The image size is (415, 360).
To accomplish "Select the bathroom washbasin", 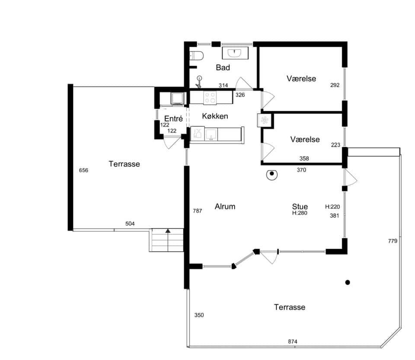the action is (x=235, y=53).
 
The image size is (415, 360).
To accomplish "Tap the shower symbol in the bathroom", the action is (x=199, y=82).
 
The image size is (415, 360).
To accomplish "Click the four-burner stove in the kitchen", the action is (x=210, y=97).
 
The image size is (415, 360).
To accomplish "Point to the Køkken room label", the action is (x=215, y=116).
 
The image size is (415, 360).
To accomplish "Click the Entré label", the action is (x=173, y=119).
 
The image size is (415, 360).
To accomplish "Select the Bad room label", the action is (x=223, y=67).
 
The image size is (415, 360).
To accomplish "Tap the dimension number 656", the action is (x=83, y=170).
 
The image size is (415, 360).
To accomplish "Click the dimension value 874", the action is (x=293, y=342).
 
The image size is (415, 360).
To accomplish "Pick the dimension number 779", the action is (x=393, y=241).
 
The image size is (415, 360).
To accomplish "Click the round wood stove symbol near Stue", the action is (x=271, y=174).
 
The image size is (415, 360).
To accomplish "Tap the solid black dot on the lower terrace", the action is (x=348, y=283).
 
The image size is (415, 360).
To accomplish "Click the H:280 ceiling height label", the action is (x=300, y=213).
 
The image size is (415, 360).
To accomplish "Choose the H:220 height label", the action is (x=332, y=207).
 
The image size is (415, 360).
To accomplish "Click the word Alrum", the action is (x=225, y=206).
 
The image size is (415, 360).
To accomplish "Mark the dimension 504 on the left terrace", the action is (x=130, y=224).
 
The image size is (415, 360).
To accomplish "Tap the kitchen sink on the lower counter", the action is (x=211, y=134).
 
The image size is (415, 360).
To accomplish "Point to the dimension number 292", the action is (x=335, y=85).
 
